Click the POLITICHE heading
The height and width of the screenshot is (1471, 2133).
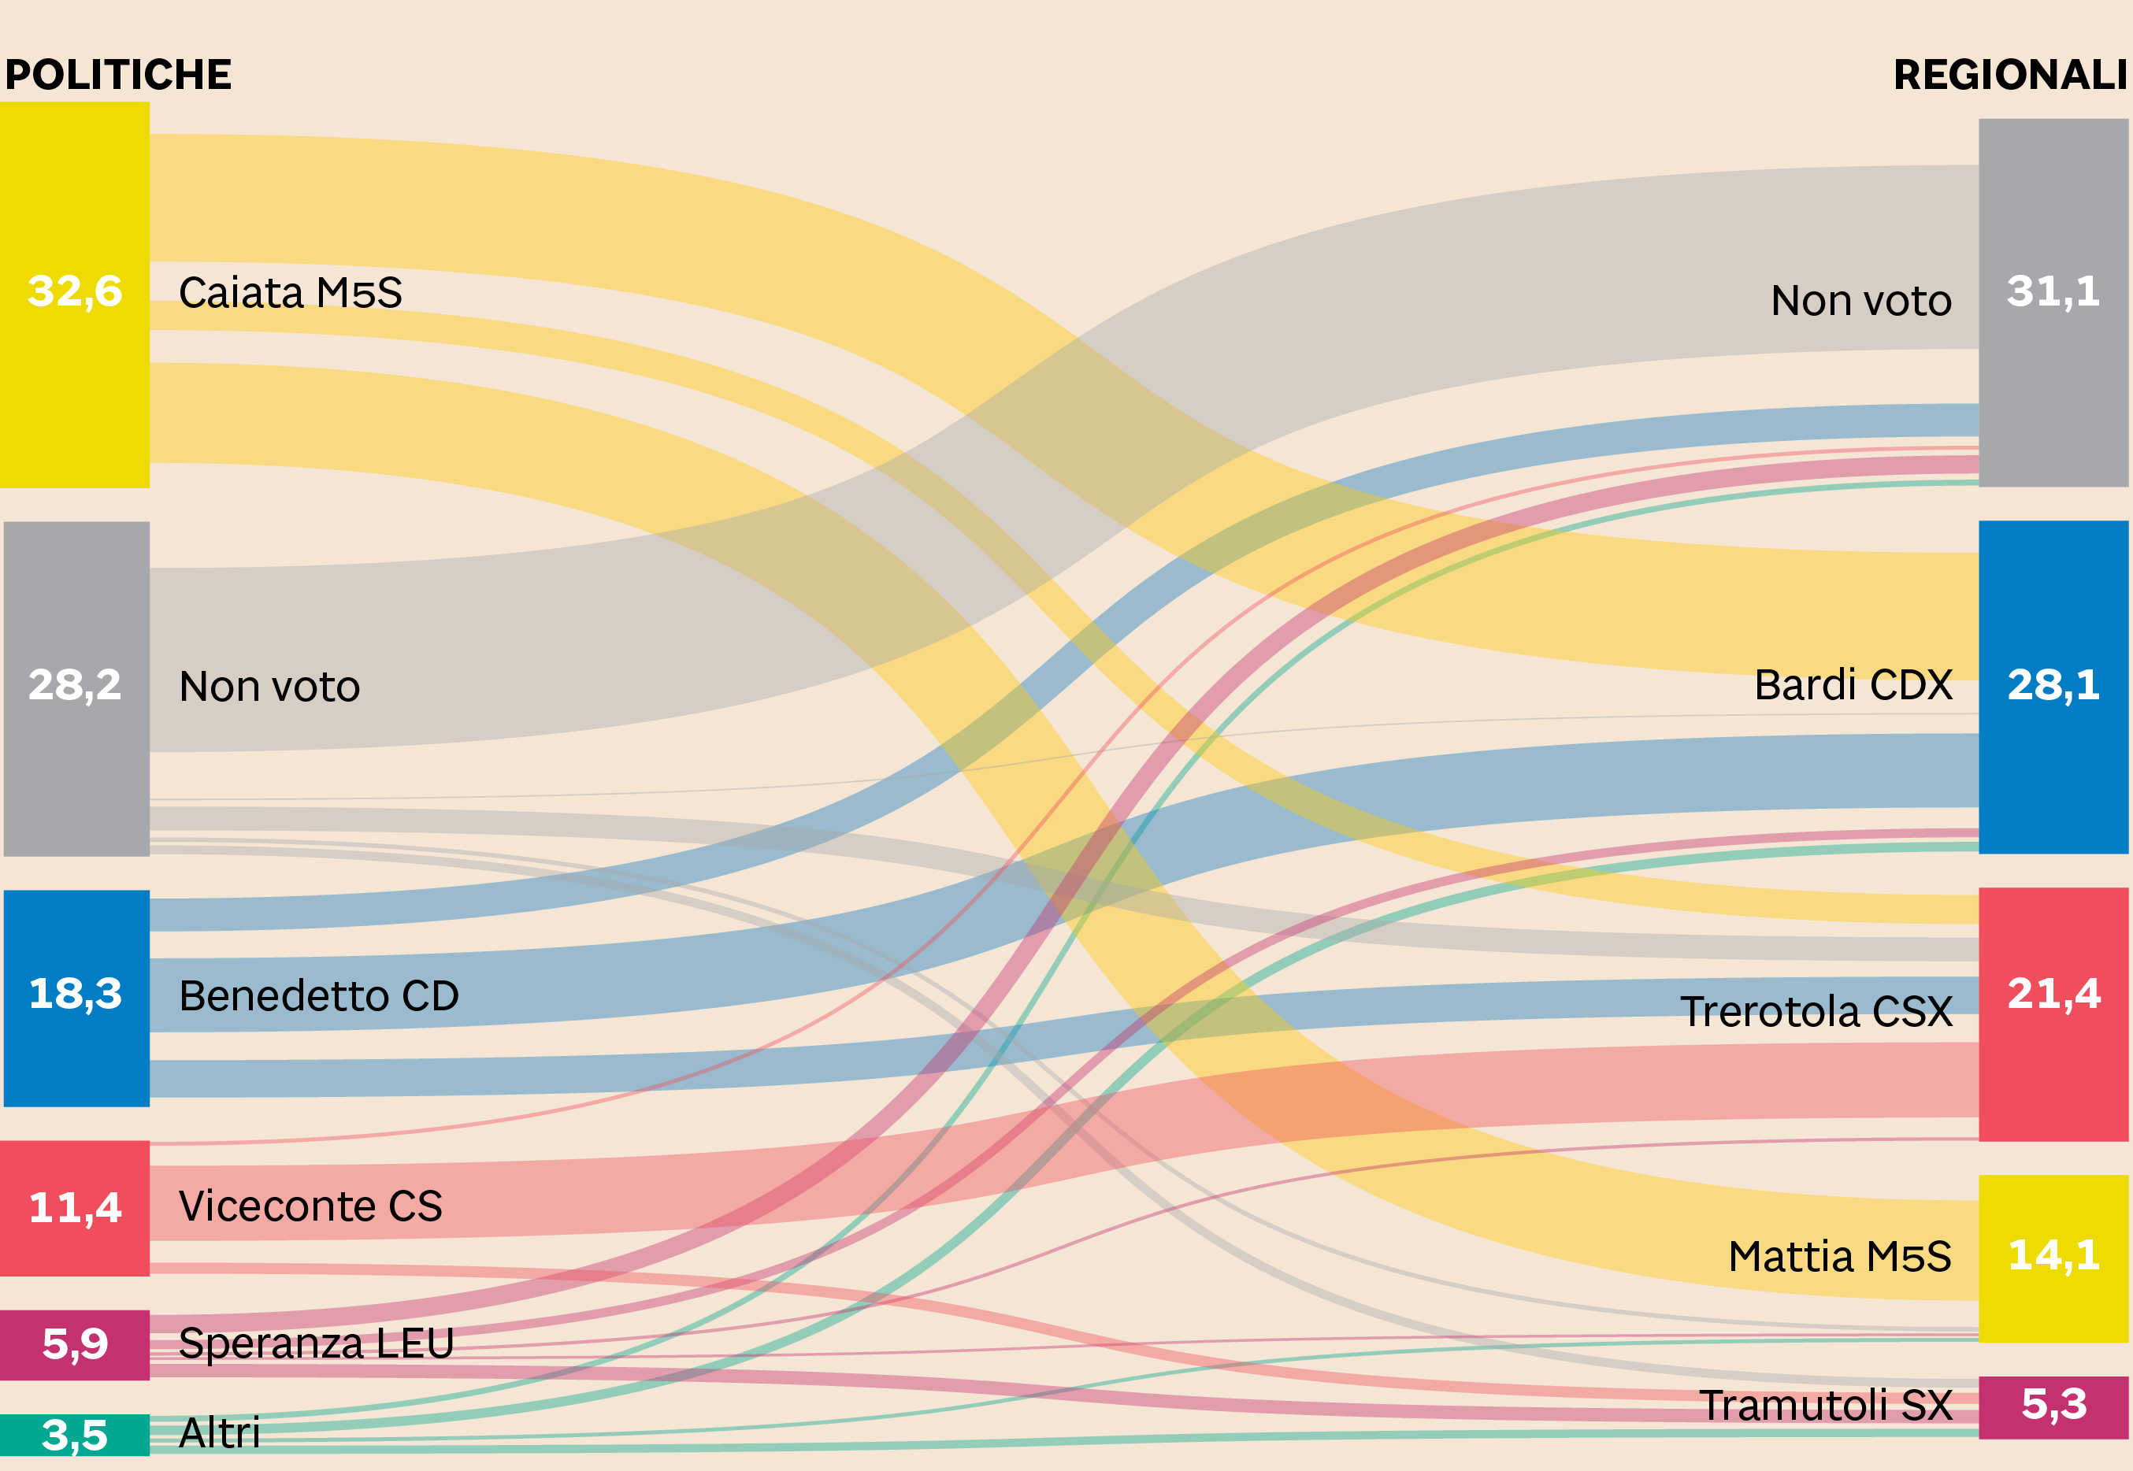pyautogui.click(x=118, y=75)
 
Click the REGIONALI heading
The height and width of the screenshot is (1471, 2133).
pyautogui.click(x=2009, y=75)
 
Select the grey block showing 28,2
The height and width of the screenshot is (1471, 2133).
pyautogui.click(x=76, y=687)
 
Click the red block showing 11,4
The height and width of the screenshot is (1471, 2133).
pyautogui.click(x=75, y=1207)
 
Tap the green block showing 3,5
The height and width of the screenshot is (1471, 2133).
pyautogui.click(x=75, y=1434)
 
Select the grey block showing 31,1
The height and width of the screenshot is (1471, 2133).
pyautogui.click(x=2053, y=302)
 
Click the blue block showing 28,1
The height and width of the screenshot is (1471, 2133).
pyautogui.click(x=2053, y=687)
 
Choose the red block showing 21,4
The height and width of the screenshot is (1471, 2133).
pyautogui.click(x=2053, y=1013)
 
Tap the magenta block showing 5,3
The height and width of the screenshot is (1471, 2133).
pyautogui.click(x=2053, y=1406)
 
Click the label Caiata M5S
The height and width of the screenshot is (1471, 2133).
pyautogui.click(x=291, y=293)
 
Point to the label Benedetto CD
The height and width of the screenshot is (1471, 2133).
pyautogui.click(x=319, y=996)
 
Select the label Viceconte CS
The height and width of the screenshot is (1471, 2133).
pyautogui.click(x=310, y=1206)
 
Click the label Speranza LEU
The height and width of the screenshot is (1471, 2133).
pyautogui.click(x=316, y=1343)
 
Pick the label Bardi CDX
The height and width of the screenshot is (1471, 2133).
pyautogui.click(x=1853, y=685)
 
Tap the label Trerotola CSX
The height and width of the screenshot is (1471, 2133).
pyautogui.click(x=1816, y=1012)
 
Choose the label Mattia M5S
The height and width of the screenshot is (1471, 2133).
pyautogui.click(x=1840, y=1256)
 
